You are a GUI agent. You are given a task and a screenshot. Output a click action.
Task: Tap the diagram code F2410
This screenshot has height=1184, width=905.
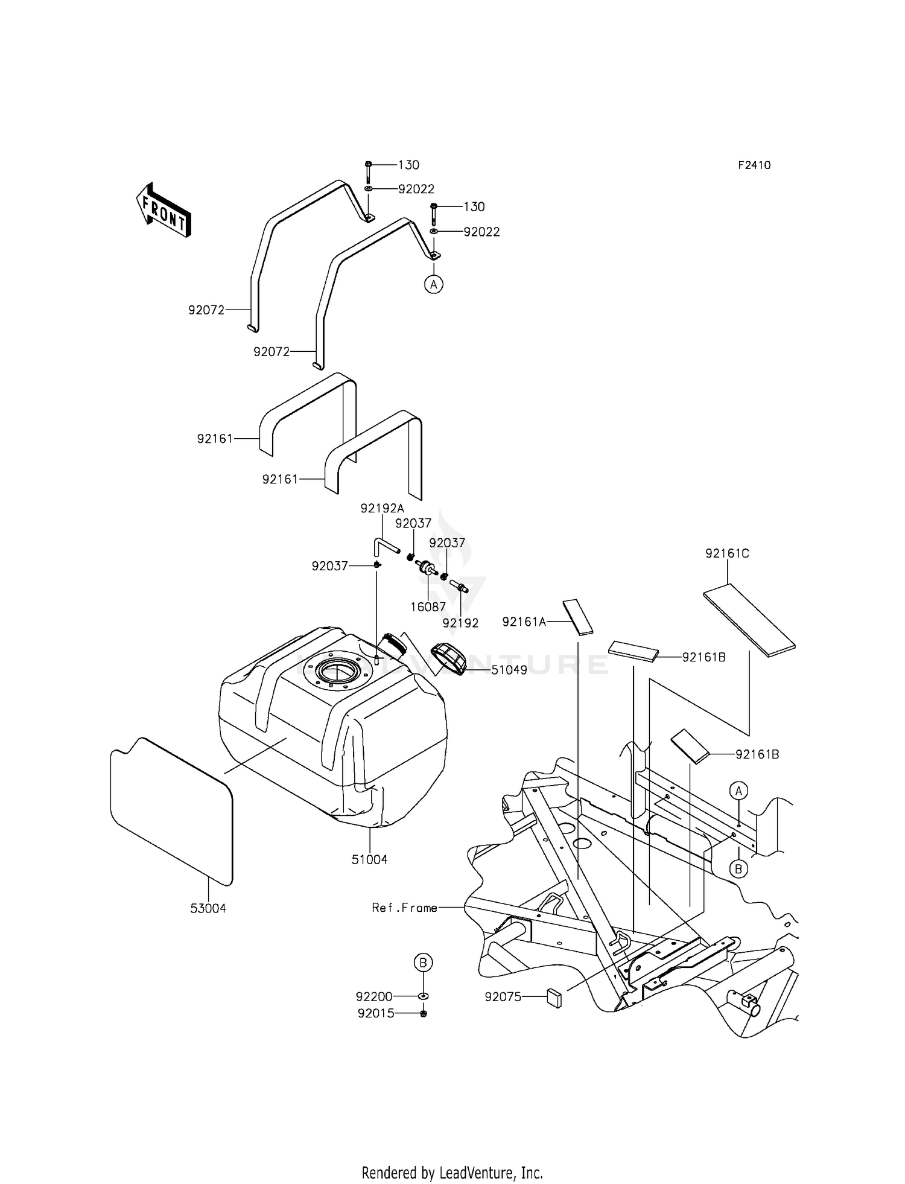(754, 165)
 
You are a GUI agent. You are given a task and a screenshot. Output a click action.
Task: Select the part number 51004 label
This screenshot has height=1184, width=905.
(369, 859)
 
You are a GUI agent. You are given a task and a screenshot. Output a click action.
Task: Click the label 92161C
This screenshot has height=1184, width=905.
(727, 553)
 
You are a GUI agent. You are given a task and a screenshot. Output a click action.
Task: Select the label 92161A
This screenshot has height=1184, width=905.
(524, 622)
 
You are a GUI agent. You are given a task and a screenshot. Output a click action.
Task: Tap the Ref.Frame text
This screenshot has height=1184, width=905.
(404, 908)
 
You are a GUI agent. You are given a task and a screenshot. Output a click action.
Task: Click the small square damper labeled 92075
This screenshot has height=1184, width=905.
(554, 998)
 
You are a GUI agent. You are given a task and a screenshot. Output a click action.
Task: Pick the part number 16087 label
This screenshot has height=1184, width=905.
(428, 607)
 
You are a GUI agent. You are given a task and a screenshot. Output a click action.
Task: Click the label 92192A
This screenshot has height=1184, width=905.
(382, 509)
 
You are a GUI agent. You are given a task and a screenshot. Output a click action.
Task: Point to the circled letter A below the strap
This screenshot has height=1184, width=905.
(433, 284)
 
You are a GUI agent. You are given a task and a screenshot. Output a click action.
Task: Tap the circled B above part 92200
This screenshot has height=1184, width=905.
(423, 963)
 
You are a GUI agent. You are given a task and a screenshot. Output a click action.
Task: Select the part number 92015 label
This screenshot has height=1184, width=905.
(375, 1014)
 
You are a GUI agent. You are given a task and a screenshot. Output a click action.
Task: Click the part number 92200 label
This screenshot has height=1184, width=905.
(374, 996)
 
